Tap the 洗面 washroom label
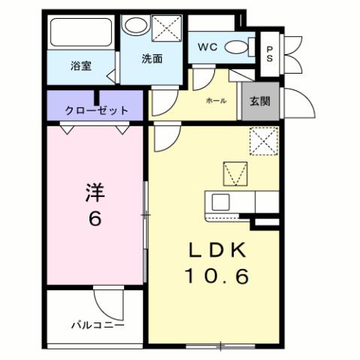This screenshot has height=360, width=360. coord(152,59)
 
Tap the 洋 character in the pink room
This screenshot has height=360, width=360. coord(95,193)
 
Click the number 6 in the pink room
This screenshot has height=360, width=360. coord(95,219)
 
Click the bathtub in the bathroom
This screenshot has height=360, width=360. coord(80,32)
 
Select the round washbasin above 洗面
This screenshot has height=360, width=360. coord(136,26)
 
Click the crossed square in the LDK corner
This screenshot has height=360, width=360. coord(264,141)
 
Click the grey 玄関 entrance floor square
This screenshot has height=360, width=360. coord(260,101)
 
